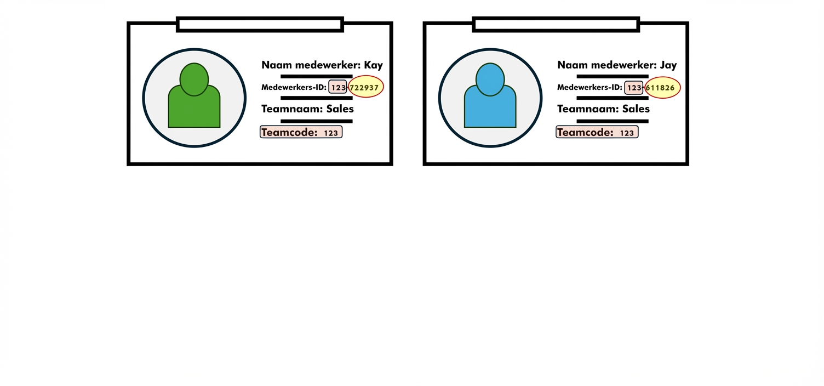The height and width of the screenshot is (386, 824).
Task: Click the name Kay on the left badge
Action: click(x=373, y=65)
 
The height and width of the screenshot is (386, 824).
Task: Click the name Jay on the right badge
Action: click(x=668, y=65)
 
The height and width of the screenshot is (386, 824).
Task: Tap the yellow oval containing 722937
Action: click(x=365, y=87)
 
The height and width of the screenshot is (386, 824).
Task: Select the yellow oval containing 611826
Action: click(x=662, y=87)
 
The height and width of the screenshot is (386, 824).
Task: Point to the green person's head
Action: click(x=194, y=79)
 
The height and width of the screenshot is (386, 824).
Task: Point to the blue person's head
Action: click(x=490, y=79)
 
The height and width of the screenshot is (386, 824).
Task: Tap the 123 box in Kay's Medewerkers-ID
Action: click(x=338, y=87)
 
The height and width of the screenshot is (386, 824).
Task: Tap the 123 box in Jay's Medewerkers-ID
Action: click(x=634, y=87)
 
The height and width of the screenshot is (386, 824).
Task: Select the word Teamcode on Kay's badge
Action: click(x=289, y=132)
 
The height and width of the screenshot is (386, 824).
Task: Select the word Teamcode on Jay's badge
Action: click(x=585, y=132)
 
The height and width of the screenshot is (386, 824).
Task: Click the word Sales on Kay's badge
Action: click(x=340, y=109)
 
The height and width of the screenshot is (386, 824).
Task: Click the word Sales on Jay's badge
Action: click(x=636, y=109)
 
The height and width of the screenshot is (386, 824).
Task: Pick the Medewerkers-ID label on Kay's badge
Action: click(x=294, y=87)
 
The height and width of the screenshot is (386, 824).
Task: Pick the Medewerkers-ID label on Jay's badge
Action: click(x=590, y=87)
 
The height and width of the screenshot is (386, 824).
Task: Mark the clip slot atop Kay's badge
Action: click(x=260, y=24)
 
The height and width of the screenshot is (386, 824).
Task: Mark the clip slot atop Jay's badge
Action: click(x=556, y=24)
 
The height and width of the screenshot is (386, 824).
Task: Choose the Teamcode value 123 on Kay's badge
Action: click(x=331, y=133)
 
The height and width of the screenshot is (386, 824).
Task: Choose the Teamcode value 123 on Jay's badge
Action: click(x=627, y=133)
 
